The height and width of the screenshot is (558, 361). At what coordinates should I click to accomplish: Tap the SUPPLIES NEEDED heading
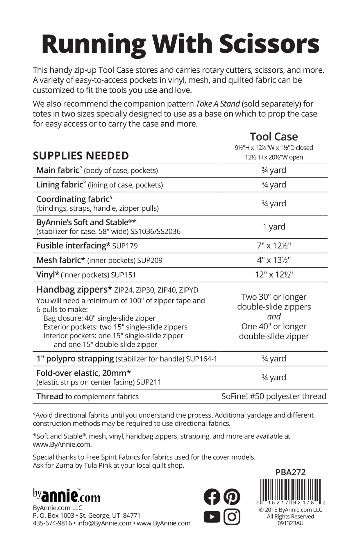click(x=81, y=156)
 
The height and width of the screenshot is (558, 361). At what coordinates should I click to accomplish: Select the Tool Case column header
click(x=274, y=137)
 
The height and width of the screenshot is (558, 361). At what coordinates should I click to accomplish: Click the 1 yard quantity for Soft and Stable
click(x=274, y=227)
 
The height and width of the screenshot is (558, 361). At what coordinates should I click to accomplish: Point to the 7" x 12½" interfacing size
click(x=274, y=246)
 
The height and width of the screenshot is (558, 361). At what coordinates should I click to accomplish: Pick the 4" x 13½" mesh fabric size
click(x=274, y=260)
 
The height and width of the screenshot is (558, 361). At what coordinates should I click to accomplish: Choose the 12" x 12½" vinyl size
click(x=274, y=275)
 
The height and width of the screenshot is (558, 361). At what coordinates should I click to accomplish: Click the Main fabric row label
click(x=58, y=170)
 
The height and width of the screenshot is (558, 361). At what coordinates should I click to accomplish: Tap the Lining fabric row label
click(x=60, y=185)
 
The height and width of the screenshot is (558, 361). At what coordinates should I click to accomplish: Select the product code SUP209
click(x=150, y=260)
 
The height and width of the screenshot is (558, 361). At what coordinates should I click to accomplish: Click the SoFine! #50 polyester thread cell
click(x=274, y=396)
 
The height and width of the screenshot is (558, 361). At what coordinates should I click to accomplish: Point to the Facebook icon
click(x=212, y=497)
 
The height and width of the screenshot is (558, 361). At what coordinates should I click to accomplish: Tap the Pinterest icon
click(x=232, y=497)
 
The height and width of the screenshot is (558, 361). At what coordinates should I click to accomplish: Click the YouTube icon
click(x=212, y=516)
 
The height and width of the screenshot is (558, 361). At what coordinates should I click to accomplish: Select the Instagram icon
click(x=232, y=516)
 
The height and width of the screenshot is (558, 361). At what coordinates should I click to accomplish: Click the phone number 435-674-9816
click(x=52, y=523)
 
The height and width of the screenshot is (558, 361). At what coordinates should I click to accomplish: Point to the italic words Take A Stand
click(x=218, y=104)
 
